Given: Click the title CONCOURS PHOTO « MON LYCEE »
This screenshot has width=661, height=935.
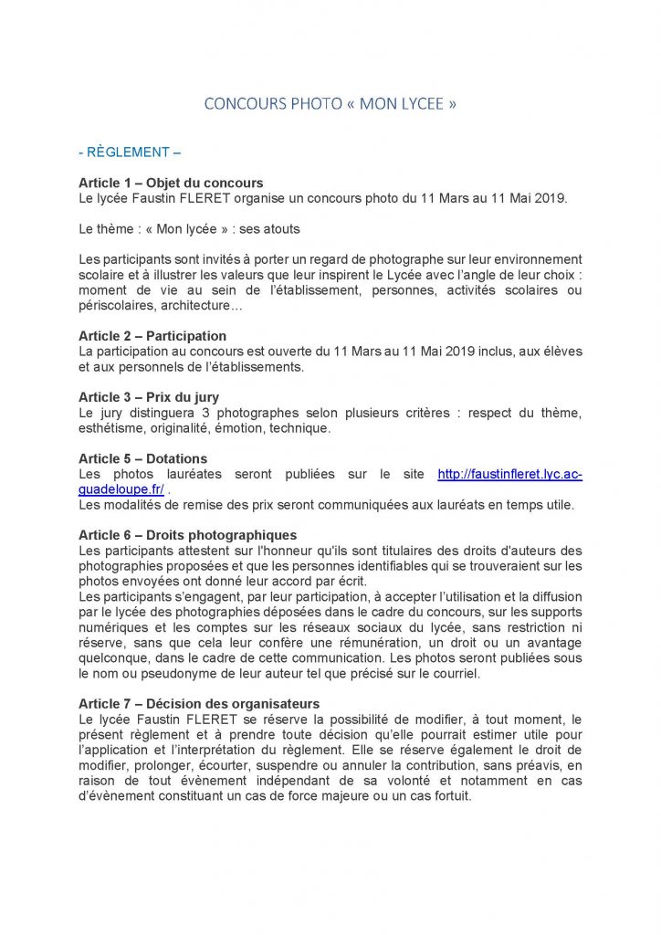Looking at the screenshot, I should (330, 104).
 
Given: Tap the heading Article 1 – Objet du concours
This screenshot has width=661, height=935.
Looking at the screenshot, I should (171, 183).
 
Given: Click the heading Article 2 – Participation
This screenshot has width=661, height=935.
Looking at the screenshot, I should (152, 336).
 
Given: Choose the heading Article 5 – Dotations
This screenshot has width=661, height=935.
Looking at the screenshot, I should (142, 458).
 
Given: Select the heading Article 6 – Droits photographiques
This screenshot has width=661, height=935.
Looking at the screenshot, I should (187, 535).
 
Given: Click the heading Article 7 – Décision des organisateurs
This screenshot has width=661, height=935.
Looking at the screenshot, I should (199, 703).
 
